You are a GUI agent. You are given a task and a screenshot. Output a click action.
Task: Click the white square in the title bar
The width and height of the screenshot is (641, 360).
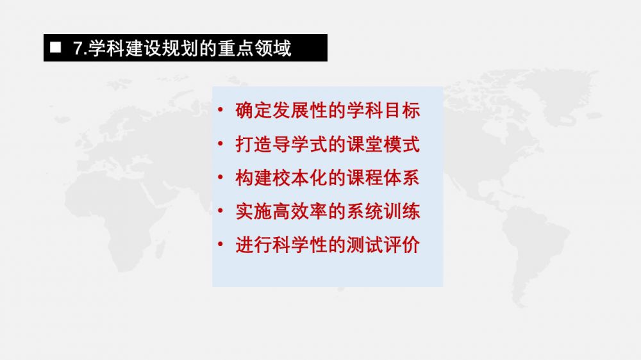pyautogui.click(x=56, y=47)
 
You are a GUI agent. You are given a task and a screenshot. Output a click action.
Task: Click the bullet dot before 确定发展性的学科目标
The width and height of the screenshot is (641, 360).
pyautogui.click(x=221, y=110)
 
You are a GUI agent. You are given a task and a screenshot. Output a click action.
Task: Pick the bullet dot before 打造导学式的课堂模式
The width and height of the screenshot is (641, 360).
pyautogui.click(x=221, y=143)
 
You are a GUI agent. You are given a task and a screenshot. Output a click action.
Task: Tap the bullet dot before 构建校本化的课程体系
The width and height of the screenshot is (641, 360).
pyautogui.click(x=221, y=177)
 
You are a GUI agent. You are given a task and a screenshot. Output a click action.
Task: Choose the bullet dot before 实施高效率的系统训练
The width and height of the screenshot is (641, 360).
pyautogui.click(x=221, y=211)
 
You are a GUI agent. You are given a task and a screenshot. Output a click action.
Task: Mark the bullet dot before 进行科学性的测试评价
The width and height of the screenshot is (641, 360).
pyautogui.click(x=221, y=244)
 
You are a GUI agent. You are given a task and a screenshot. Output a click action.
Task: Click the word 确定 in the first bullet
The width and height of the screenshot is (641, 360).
pyautogui.click(x=254, y=110)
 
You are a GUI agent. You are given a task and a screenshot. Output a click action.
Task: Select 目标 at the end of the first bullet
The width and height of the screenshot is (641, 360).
pyautogui.click(x=402, y=110)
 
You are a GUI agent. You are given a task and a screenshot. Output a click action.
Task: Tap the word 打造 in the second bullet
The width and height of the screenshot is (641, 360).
pyautogui.click(x=254, y=144)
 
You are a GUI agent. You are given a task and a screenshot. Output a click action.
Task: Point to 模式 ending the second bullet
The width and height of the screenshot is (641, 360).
pyautogui.click(x=402, y=144)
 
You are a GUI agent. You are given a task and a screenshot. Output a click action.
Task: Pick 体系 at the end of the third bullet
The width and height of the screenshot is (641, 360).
pyautogui.click(x=402, y=177)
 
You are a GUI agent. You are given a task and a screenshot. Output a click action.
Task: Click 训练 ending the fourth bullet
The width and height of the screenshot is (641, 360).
pyautogui.click(x=402, y=211)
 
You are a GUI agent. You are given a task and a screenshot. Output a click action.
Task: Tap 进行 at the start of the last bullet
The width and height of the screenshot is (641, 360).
pyautogui.click(x=254, y=245)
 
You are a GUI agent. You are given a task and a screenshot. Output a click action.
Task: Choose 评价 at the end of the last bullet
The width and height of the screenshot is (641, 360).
pyautogui.click(x=402, y=245)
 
